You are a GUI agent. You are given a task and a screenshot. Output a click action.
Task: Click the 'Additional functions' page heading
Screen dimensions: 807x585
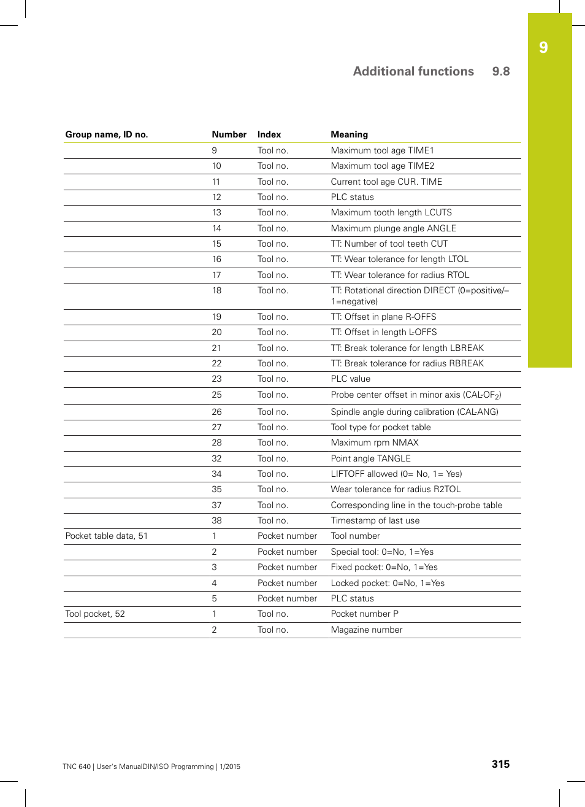413,71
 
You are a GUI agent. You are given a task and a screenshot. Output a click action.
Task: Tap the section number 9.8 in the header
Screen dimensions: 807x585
501,71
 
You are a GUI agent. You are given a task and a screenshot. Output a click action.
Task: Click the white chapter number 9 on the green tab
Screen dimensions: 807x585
543,48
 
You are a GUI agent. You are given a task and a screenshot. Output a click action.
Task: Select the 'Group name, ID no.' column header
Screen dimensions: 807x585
107,134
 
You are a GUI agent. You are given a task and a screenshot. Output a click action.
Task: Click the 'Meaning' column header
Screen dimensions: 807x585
350,134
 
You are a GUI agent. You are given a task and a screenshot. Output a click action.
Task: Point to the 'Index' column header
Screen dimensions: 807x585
269,134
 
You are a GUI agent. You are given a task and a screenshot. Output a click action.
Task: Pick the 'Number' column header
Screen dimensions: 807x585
229,134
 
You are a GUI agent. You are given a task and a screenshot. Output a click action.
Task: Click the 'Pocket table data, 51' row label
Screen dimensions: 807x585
107,536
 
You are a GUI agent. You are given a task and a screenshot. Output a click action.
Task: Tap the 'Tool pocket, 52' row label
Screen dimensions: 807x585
95,614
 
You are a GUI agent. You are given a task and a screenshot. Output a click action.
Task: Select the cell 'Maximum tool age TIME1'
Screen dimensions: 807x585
382,150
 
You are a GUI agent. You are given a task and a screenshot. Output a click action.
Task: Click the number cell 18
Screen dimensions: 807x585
216,290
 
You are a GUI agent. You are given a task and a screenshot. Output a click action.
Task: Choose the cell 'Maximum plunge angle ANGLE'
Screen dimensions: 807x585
393,228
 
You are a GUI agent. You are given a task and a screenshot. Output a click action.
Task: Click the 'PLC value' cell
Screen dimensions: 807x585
351,379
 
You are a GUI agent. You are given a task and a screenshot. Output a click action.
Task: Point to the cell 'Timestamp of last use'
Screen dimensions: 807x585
375,520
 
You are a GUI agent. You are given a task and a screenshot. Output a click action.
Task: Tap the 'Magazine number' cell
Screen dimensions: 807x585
367,630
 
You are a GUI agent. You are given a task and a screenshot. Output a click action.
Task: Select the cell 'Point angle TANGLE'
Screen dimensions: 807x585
370,458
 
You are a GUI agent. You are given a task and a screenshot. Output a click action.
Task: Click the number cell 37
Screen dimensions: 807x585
216,505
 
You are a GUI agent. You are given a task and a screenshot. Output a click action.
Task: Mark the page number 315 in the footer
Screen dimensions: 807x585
500,764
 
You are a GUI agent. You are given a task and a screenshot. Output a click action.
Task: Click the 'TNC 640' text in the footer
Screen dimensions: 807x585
77,766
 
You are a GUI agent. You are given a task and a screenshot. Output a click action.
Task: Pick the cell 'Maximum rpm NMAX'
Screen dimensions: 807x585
375,442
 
